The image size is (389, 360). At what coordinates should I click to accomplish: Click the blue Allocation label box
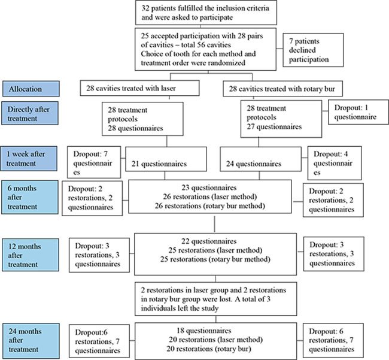coord(31,89)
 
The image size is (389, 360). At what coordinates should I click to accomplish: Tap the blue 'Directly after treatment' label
coord(30,113)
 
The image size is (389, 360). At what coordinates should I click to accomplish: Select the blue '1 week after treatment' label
coord(29,159)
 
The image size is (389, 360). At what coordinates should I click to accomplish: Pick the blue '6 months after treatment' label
coord(30,198)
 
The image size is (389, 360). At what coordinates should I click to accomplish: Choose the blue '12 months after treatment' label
coord(31,255)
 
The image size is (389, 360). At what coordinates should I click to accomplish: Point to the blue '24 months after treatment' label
coord(31,341)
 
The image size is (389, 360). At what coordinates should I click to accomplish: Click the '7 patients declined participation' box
coord(314,50)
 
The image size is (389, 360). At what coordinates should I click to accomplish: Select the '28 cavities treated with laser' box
coord(139,88)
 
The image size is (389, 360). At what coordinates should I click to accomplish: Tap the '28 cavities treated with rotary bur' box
coord(283,89)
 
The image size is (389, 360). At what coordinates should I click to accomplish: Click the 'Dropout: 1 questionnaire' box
coord(358,112)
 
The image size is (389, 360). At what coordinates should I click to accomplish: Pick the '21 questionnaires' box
coord(166,159)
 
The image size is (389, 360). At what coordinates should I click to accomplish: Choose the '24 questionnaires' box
coord(261,159)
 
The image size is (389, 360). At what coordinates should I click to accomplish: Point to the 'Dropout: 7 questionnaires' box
coord(94,162)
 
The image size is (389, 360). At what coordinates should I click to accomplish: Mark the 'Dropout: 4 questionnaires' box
coord(335,163)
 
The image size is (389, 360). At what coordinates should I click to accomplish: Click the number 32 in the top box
coord(145,8)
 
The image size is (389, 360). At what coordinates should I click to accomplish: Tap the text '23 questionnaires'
coord(209,187)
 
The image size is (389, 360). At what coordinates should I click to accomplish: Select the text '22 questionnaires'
coord(209,241)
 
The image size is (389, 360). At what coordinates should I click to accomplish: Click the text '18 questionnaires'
coord(204,331)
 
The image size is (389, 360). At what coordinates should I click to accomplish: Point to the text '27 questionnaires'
coord(274,126)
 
